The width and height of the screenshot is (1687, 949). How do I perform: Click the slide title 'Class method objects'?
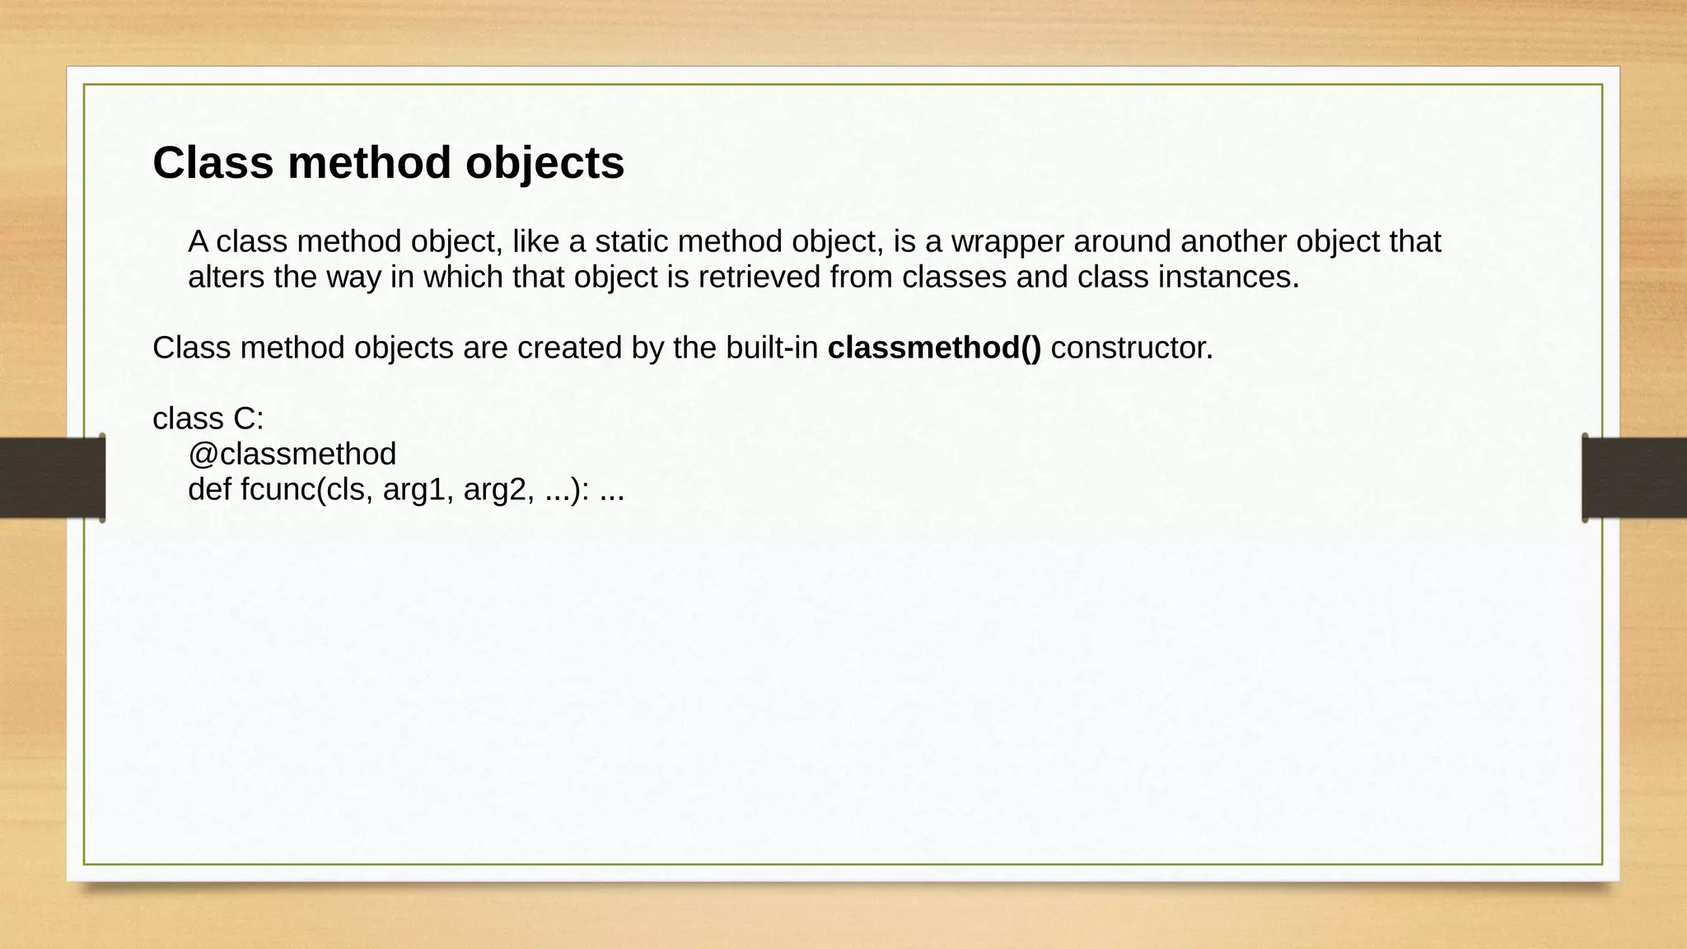pyautogui.click(x=388, y=162)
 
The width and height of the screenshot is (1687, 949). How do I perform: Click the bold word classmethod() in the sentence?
pyautogui.click(x=934, y=348)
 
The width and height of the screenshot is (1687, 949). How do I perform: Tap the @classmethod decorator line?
pyautogui.click(x=292, y=454)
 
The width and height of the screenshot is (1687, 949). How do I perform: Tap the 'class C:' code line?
pyautogui.click(x=208, y=419)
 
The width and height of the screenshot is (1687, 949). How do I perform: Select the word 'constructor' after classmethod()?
pyautogui.click(x=1131, y=348)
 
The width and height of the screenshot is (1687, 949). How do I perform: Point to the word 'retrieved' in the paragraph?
pyautogui.click(x=759, y=278)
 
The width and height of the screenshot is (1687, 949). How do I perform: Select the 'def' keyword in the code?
pyautogui.click(x=209, y=490)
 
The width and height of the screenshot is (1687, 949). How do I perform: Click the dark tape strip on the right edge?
pyautogui.click(x=1634, y=478)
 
